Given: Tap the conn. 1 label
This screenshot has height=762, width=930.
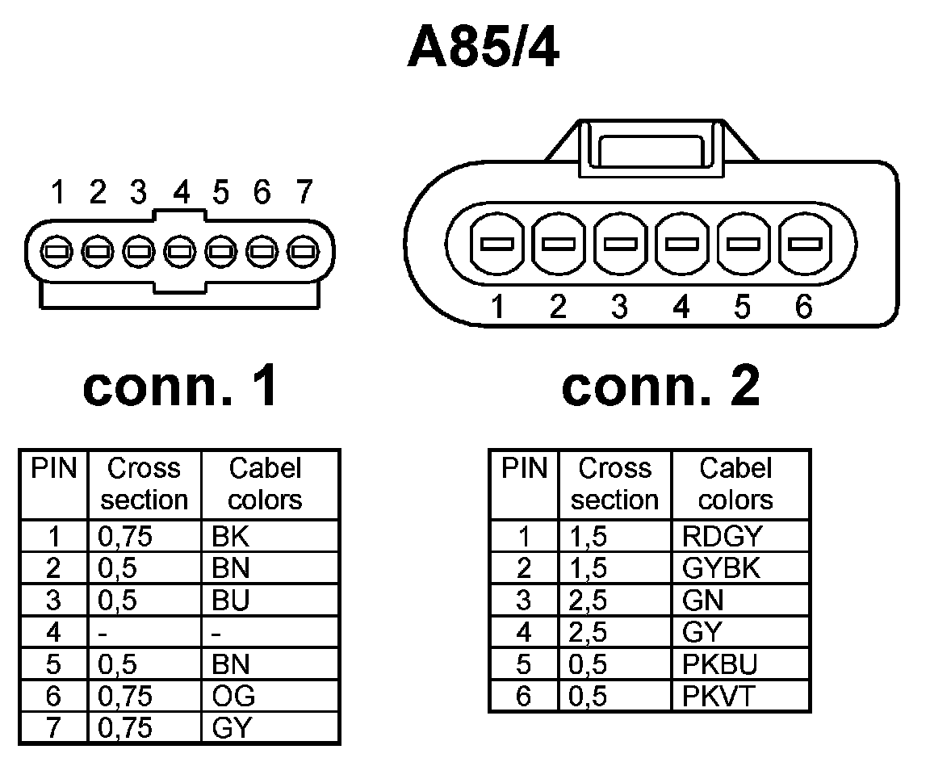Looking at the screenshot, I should (x=181, y=386).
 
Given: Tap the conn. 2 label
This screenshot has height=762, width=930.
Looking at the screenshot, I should (x=660, y=386).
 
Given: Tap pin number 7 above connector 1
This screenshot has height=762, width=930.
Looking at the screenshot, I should (x=304, y=193).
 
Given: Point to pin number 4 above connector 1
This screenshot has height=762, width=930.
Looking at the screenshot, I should (x=182, y=193).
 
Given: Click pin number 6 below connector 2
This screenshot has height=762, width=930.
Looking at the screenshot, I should (x=803, y=307).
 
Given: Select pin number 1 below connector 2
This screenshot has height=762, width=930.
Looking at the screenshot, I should (x=498, y=307).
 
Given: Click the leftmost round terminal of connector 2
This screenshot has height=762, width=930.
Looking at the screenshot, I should (x=498, y=243).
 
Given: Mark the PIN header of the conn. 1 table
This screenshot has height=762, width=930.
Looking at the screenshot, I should (x=53, y=469).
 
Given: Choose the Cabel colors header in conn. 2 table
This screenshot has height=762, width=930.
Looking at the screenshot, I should (x=735, y=484).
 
